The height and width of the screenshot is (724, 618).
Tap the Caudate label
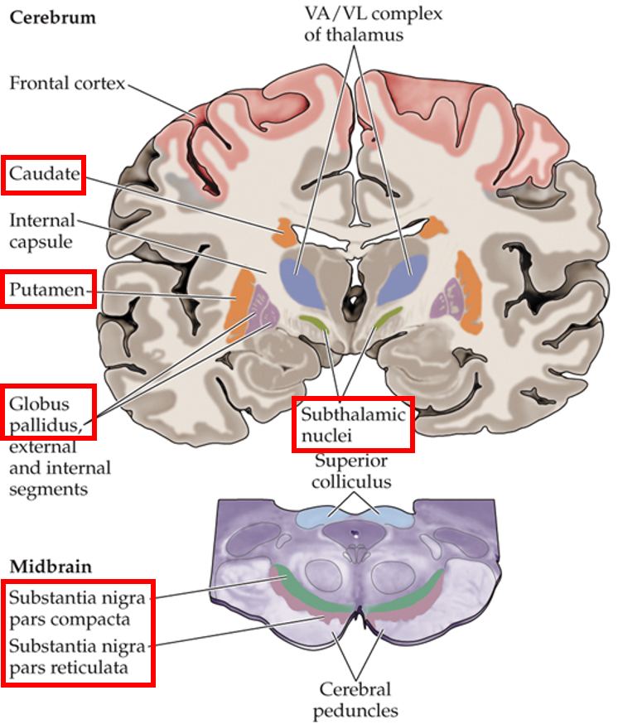pos(44,174)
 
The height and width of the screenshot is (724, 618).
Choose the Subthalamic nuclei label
pos(354,423)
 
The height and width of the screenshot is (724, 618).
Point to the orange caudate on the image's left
pos(287,233)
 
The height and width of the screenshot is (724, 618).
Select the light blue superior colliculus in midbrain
pos(355,516)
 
